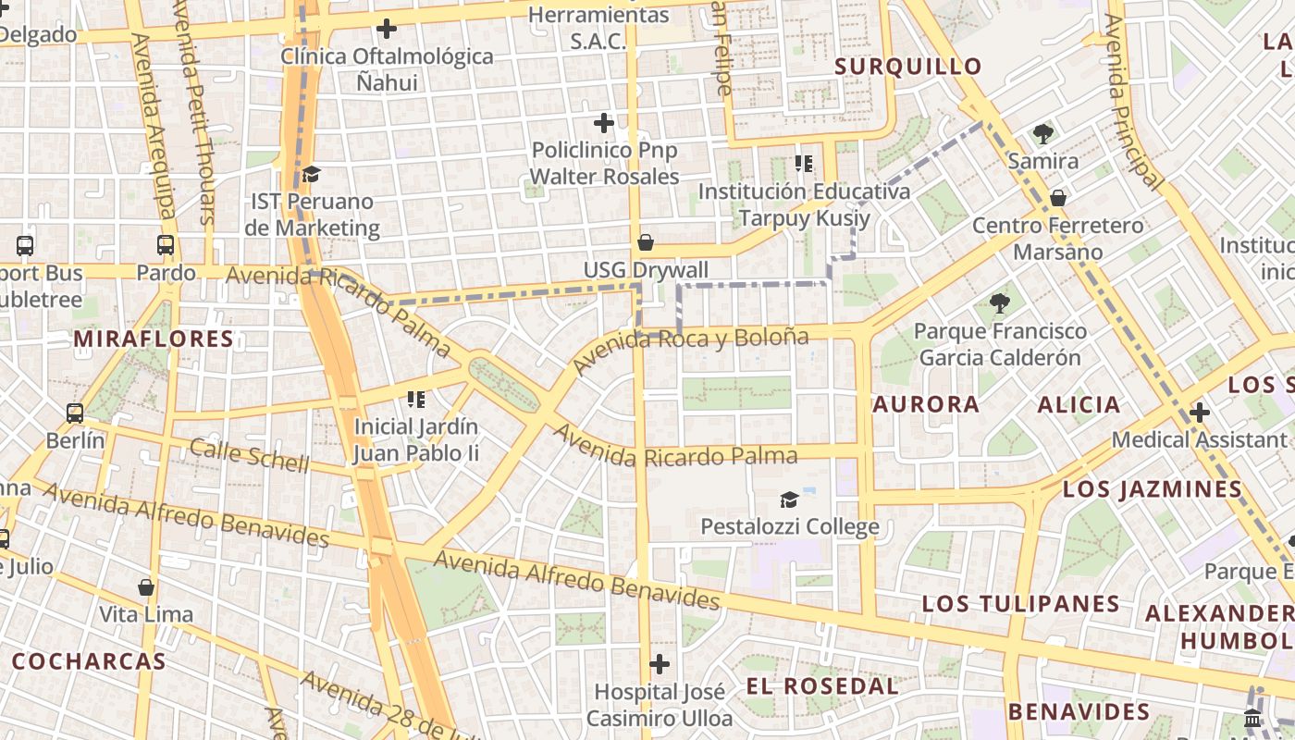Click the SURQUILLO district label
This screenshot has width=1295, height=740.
coord(907,67)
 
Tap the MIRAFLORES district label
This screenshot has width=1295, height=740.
coord(154,339)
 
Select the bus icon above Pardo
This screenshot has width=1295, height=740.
coord(166,246)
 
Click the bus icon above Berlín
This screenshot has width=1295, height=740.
coord(75,413)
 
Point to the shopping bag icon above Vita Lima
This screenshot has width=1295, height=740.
coord(146,587)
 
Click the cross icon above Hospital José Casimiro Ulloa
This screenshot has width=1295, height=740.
coord(660,664)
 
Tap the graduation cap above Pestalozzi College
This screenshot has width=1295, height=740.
coord(789,500)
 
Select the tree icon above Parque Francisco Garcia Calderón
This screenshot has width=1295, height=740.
coord(999,302)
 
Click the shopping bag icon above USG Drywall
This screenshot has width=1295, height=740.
coord(646,243)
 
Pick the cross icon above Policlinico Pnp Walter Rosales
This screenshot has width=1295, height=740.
coord(604,123)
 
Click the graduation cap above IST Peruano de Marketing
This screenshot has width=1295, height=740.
coord(312,174)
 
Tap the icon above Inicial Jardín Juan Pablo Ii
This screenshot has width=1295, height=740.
coord(416,400)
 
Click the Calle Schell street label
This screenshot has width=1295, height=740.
coord(249,456)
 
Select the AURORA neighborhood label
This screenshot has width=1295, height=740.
coord(926,404)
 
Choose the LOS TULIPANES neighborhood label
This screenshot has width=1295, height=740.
coord(1020,604)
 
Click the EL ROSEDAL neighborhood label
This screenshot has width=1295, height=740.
coord(821,686)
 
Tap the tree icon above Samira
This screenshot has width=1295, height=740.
coord(1043,134)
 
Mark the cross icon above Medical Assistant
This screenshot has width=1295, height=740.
coord(1200,413)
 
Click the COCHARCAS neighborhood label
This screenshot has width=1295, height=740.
coord(89,661)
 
